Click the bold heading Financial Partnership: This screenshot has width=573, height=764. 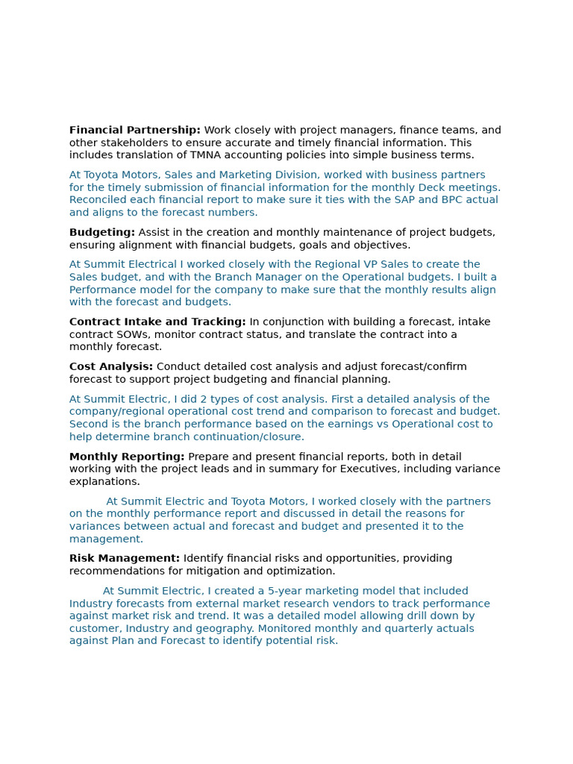pos(134,131)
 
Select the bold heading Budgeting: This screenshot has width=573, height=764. pos(102,233)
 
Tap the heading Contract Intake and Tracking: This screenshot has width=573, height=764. pos(157,322)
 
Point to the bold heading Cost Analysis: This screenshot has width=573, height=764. pos(111,367)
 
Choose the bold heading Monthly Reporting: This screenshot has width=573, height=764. pos(127,457)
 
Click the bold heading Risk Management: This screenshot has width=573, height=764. pos(125,559)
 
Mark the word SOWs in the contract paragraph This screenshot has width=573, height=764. pos(131,334)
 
